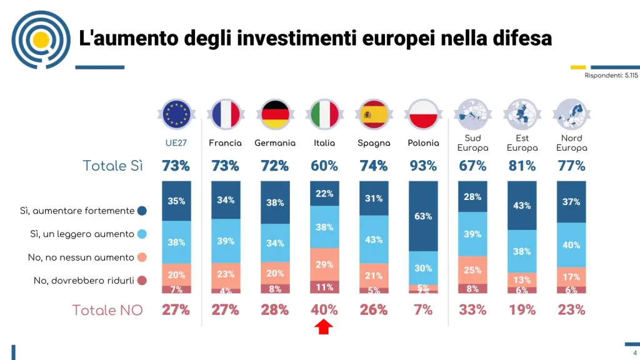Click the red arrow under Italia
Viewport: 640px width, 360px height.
click(x=324, y=326)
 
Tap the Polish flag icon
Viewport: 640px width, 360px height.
click(x=423, y=114)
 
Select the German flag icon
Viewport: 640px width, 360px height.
click(x=275, y=114)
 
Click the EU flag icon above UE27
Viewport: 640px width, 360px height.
click(x=176, y=114)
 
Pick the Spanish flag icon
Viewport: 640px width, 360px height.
click(x=374, y=114)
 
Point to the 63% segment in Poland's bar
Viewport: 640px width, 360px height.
click(x=423, y=216)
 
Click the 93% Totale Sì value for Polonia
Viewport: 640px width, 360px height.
click(x=423, y=166)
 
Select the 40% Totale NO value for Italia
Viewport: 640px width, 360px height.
click(x=324, y=310)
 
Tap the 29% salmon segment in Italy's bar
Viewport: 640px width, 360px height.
click(x=324, y=264)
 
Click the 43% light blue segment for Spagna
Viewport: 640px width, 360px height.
click(x=374, y=239)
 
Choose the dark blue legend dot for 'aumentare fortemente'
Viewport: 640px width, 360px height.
click(x=142, y=211)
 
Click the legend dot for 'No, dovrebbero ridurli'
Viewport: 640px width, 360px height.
click(x=142, y=281)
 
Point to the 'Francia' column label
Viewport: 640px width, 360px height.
click(x=225, y=143)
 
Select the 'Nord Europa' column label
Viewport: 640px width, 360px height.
click(x=571, y=143)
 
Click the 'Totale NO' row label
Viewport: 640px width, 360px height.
click(x=107, y=310)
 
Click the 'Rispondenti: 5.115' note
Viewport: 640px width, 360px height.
click(x=611, y=76)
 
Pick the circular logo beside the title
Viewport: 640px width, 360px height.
click(x=41, y=40)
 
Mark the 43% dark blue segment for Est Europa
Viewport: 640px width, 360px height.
click(x=522, y=205)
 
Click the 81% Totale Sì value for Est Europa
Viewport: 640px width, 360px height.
click(x=522, y=166)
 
